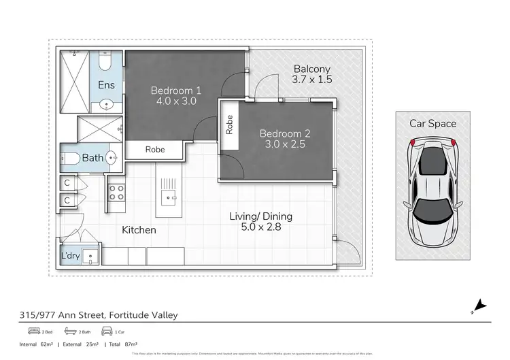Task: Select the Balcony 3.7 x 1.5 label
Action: pos(311,74)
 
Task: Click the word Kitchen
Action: pos(139,230)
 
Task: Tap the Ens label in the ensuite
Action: pos(107,85)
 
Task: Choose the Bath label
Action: pos(93,158)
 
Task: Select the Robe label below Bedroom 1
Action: pos(154,149)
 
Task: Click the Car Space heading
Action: pos(432,123)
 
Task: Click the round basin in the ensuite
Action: pos(107,105)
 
